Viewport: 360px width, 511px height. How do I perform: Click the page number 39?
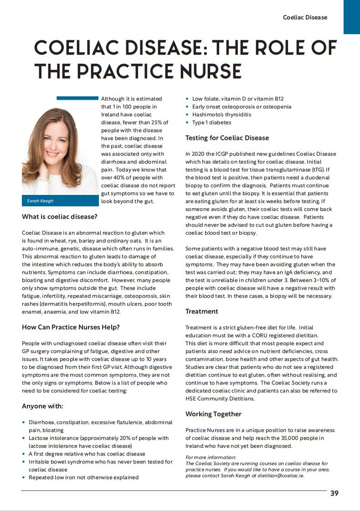coord(334,493)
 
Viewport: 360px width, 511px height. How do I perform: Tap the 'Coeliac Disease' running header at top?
coord(305,17)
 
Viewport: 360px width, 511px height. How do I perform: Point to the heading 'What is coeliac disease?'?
coord(59,217)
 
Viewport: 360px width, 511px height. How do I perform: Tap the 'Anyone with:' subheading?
coord(43,406)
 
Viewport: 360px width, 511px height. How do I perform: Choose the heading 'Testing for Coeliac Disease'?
coord(227,138)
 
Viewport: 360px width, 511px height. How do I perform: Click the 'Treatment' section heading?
coord(201,312)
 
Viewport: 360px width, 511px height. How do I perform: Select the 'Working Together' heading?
coord(213,414)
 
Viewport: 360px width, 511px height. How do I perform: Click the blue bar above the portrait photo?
coord(77,97)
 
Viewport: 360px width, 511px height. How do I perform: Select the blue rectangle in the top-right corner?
coord(351,17)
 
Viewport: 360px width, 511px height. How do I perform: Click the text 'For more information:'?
coord(211,457)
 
